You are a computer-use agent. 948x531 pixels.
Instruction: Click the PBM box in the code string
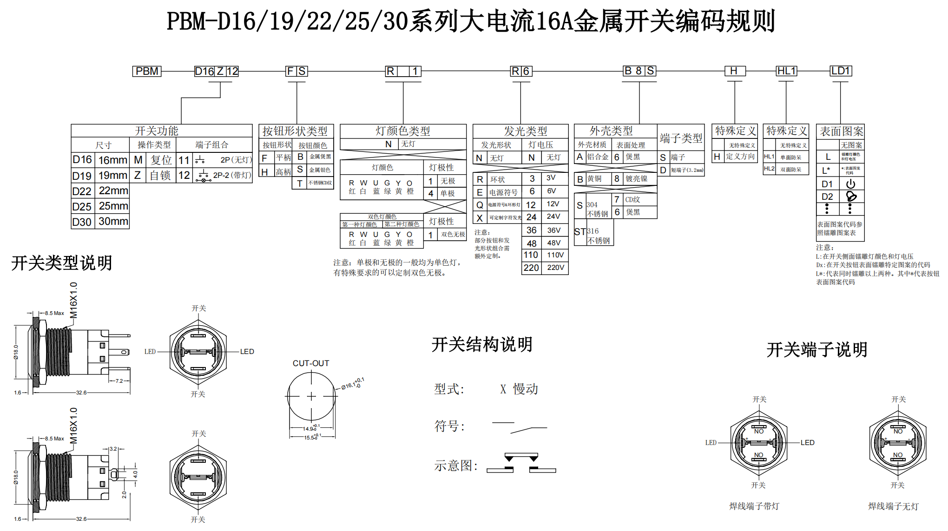pyautogui.click(x=147, y=71)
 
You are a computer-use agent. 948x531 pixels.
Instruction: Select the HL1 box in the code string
pyautogui.click(x=786, y=71)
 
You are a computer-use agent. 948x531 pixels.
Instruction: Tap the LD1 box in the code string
pyautogui.click(x=841, y=71)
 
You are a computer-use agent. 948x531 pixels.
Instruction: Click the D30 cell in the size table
pyautogui.click(x=82, y=222)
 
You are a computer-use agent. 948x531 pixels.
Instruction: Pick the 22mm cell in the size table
pyautogui.click(x=113, y=191)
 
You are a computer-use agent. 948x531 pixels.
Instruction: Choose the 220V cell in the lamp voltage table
pyautogui.click(x=555, y=268)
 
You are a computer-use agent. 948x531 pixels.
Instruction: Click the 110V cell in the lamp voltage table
pyautogui.click(x=555, y=255)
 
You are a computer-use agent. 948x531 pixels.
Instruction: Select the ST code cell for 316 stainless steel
pyautogui.click(x=580, y=232)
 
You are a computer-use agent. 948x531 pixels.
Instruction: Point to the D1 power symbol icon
pyautogui.click(x=850, y=184)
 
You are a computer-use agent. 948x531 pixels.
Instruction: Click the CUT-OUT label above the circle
pyautogui.click(x=311, y=363)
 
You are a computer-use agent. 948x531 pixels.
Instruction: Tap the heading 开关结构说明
pyautogui.click(x=482, y=345)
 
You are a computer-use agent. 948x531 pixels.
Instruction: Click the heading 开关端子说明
pyautogui.click(x=817, y=350)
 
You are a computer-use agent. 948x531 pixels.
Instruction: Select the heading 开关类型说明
pyautogui.click(x=62, y=263)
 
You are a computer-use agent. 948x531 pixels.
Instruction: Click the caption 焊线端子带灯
pyautogui.click(x=754, y=506)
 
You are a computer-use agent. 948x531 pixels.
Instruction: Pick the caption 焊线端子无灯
pyautogui.click(x=894, y=506)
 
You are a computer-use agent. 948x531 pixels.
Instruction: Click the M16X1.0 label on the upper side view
pyautogui.click(x=73, y=300)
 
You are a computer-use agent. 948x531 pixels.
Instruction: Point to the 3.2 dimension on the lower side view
pyautogui.click(x=113, y=449)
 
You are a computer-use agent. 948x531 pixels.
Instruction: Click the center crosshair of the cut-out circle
pyautogui.click(x=311, y=396)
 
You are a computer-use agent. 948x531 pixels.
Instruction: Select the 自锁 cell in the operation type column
pyautogui.click(x=160, y=176)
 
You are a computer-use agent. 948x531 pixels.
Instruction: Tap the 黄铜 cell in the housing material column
pyautogui.click(x=594, y=179)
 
